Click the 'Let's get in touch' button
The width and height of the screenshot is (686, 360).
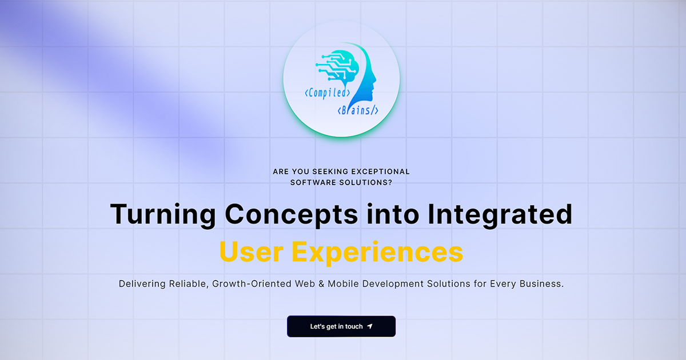coord(341,326)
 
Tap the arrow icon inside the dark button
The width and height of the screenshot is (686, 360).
coord(370,326)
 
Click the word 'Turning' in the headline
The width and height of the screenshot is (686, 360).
coord(163,215)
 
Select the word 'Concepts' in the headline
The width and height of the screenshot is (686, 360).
coord(291,215)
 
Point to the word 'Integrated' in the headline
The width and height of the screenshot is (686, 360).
coord(500,215)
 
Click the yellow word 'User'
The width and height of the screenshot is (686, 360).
coord(252,251)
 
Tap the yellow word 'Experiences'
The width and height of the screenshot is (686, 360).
coord(377,253)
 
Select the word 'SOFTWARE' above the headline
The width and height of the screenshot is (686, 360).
coord(313,182)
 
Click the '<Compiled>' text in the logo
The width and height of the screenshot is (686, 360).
coord(328,93)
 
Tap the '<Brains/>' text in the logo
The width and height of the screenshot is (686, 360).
coord(358,110)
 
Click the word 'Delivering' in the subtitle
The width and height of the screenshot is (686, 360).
coord(142,284)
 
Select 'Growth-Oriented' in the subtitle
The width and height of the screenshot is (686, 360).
coord(252,284)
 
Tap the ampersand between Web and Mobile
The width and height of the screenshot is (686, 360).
coord(321,284)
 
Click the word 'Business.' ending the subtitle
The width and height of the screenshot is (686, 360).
coord(542,284)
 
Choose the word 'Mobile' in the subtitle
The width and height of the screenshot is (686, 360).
coord(343,284)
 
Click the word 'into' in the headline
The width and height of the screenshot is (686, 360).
coord(393,215)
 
